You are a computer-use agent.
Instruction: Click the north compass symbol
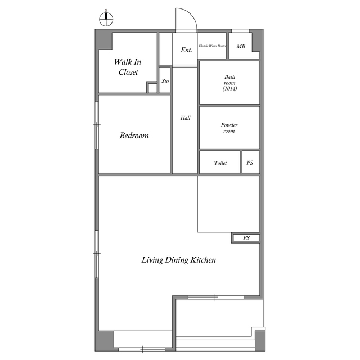pyautogui.click(x=106, y=18)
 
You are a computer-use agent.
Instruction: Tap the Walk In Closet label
pyautogui.click(x=128, y=67)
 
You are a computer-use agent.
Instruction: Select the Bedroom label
pyautogui.click(x=134, y=136)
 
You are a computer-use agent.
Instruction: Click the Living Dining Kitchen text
pyautogui.click(x=179, y=260)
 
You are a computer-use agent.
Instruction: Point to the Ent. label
pyautogui.click(x=187, y=50)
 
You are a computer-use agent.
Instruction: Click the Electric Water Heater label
pyautogui.click(x=213, y=47)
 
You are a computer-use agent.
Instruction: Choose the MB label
pyautogui.click(x=241, y=47)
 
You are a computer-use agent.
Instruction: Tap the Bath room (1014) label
pyautogui.click(x=229, y=83)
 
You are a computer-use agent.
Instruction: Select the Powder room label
pyautogui.click(x=229, y=128)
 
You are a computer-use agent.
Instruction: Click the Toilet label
pyautogui.click(x=220, y=163)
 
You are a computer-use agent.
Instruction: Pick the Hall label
pyautogui.click(x=186, y=118)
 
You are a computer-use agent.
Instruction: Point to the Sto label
pyautogui.click(x=165, y=82)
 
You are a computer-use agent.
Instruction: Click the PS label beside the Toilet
pyautogui.click(x=250, y=163)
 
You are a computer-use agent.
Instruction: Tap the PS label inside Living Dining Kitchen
pyautogui.click(x=246, y=238)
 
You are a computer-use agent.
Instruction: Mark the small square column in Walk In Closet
pyautogui.click(x=152, y=88)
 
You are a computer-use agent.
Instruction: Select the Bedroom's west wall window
pyautogui.click(x=97, y=125)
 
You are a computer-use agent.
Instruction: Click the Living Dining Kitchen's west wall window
pyautogui.click(x=97, y=253)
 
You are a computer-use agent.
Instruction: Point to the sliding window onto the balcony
pyautogui.click(x=215, y=297)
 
